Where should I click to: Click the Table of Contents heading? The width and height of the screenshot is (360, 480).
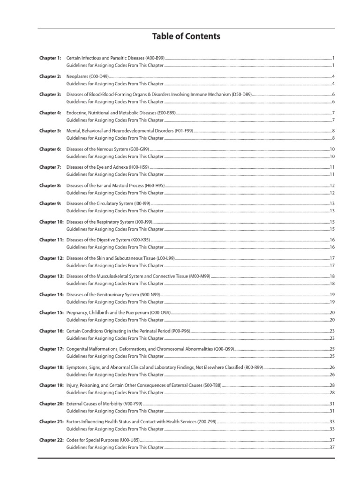click(x=186, y=36)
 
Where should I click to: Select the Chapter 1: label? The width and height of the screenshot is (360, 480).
click(x=50, y=58)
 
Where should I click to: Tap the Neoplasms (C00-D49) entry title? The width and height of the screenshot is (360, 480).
click(x=87, y=76)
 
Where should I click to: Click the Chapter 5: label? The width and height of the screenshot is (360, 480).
click(x=50, y=131)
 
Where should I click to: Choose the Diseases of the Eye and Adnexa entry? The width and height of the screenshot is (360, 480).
click(x=107, y=167)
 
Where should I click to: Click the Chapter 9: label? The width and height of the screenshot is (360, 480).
click(x=50, y=203)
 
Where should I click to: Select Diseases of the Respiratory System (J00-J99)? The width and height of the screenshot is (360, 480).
click(x=109, y=222)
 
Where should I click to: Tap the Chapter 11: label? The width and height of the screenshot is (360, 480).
click(x=51, y=240)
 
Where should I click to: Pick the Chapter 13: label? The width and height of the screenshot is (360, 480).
click(x=51, y=277)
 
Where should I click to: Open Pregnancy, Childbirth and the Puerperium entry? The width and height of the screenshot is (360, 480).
click(x=121, y=313)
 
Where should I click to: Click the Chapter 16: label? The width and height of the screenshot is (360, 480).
click(x=51, y=331)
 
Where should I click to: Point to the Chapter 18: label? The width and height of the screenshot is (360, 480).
click(x=51, y=367)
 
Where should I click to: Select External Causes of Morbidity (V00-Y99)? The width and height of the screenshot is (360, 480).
click(x=104, y=404)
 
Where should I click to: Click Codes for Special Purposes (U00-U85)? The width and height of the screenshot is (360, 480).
click(x=103, y=440)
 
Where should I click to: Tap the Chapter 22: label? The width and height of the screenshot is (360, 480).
click(x=51, y=440)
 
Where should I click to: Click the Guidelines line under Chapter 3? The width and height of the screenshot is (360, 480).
click(x=115, y=102)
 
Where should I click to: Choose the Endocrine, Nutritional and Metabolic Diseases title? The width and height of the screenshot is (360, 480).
click(x=120, y=112)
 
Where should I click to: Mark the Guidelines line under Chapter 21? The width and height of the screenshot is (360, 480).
click(x=115, y=429)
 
